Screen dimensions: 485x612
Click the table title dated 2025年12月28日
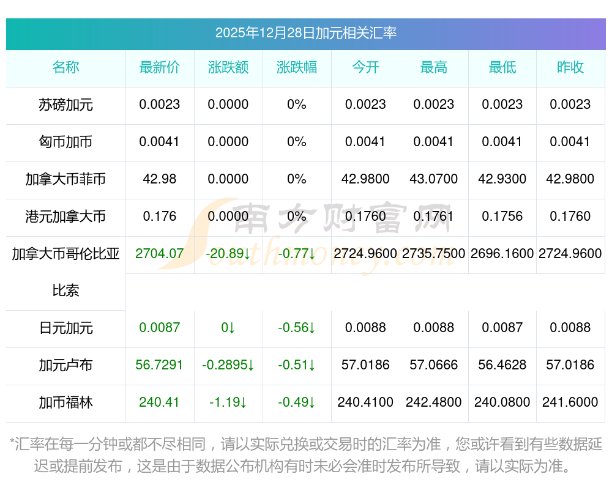(305, 33)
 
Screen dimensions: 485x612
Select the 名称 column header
(65, 67)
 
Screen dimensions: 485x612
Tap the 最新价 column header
(159, 67)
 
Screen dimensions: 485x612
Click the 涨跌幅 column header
(296, 67)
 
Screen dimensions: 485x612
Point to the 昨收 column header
(570, 67)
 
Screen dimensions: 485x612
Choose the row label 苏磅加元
(65, 105)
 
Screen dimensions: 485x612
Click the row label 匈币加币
(65, 142)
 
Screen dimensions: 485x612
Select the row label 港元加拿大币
(65, 216)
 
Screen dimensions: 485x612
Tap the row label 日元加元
(65, 328)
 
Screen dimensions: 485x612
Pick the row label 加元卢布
(65, 365)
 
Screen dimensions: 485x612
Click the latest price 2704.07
(159, 253)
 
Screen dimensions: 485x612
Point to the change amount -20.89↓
(228, 253)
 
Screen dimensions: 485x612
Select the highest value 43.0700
(433, 179)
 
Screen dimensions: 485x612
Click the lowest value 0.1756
(502, 216)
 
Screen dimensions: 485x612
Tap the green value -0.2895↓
(228, 365)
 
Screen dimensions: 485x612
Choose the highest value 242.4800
(433, 402)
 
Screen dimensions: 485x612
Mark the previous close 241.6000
(570, 402)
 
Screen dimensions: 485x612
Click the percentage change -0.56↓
(296, 328)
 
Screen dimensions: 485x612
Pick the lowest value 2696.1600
(502, 253)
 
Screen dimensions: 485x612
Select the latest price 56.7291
(159, 365)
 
